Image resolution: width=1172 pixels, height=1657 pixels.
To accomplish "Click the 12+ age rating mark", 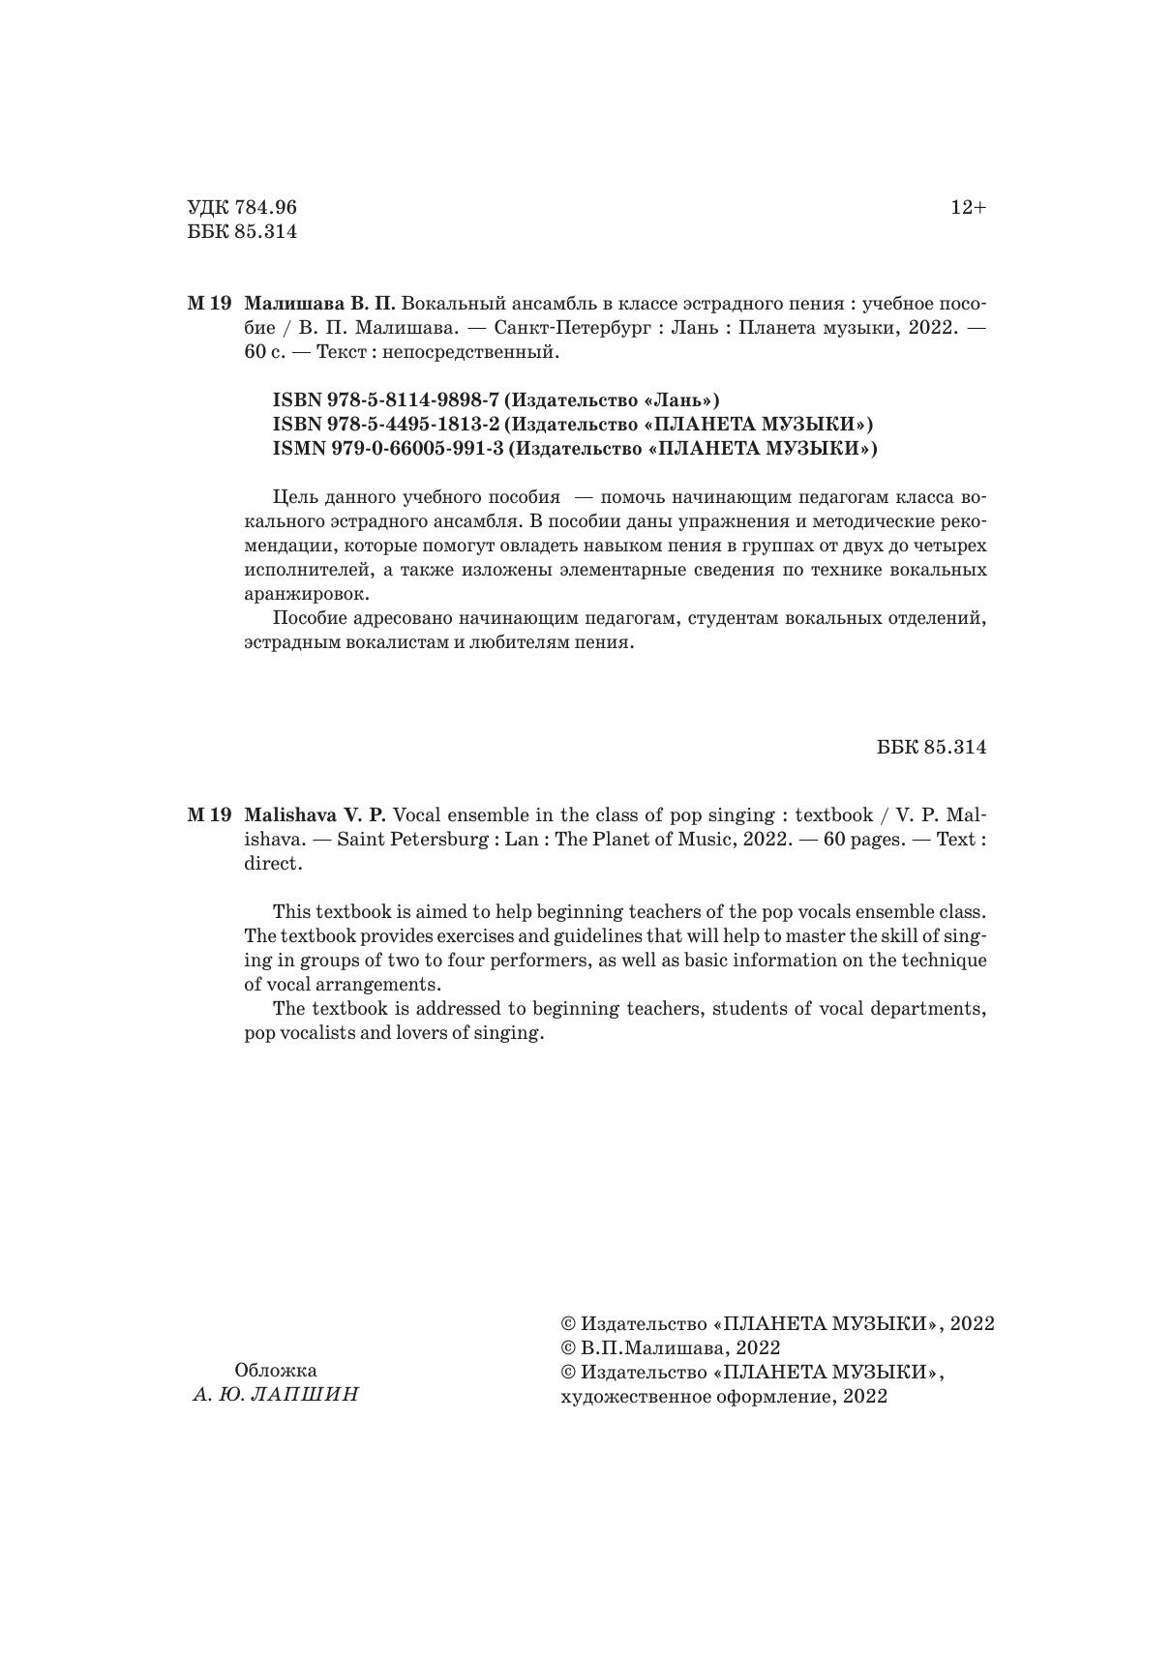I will (968, 208).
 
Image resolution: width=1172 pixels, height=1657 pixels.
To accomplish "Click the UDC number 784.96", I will (264, 208).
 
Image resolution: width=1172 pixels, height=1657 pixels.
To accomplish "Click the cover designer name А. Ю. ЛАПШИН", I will (276, 1395).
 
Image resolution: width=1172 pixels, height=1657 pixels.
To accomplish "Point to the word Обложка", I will (276, 1371).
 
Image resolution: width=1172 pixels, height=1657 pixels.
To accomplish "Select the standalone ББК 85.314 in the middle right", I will (932, 748).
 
